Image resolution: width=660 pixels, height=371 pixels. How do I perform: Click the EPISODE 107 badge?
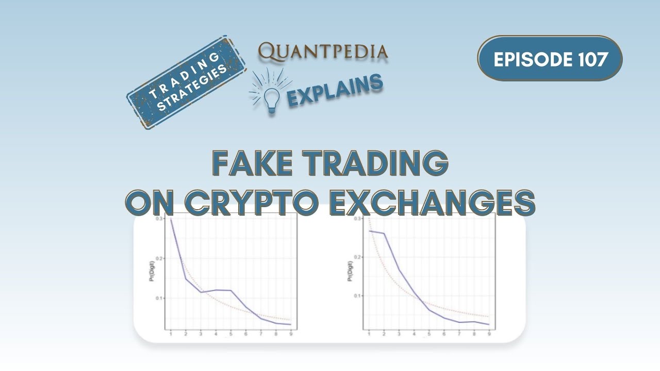550,58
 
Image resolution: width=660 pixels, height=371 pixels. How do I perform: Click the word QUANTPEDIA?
323,51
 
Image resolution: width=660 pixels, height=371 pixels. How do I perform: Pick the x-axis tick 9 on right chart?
489,334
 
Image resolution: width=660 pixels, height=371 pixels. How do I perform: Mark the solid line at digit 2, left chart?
186,279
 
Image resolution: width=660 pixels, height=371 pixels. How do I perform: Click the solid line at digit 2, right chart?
384,233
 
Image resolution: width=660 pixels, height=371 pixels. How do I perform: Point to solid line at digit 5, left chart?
230,291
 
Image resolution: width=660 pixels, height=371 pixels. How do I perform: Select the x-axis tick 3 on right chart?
399,334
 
